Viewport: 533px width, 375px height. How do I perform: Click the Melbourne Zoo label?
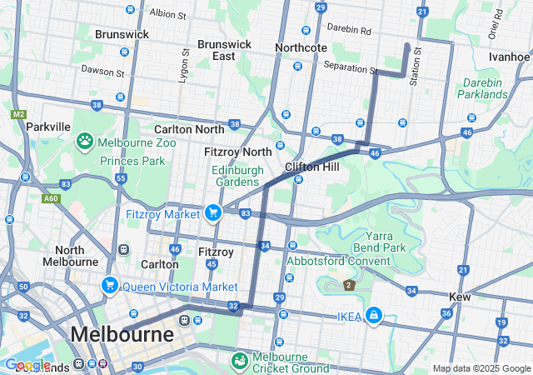[137, 142]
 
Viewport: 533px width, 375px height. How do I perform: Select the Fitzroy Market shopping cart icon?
[214, 213]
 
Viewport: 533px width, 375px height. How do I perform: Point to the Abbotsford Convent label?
[339, 260]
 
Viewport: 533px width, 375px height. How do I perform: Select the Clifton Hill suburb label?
[312, 167]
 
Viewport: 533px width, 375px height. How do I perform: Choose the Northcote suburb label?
[301, 47]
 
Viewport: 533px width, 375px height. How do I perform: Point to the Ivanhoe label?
[509, 57]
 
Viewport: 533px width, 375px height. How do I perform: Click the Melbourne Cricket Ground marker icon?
[239, 360]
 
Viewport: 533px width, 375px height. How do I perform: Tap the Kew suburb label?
[460, 297]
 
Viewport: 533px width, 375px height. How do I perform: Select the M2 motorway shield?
[18, 113]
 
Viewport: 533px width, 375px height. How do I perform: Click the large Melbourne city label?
[122, 334]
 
